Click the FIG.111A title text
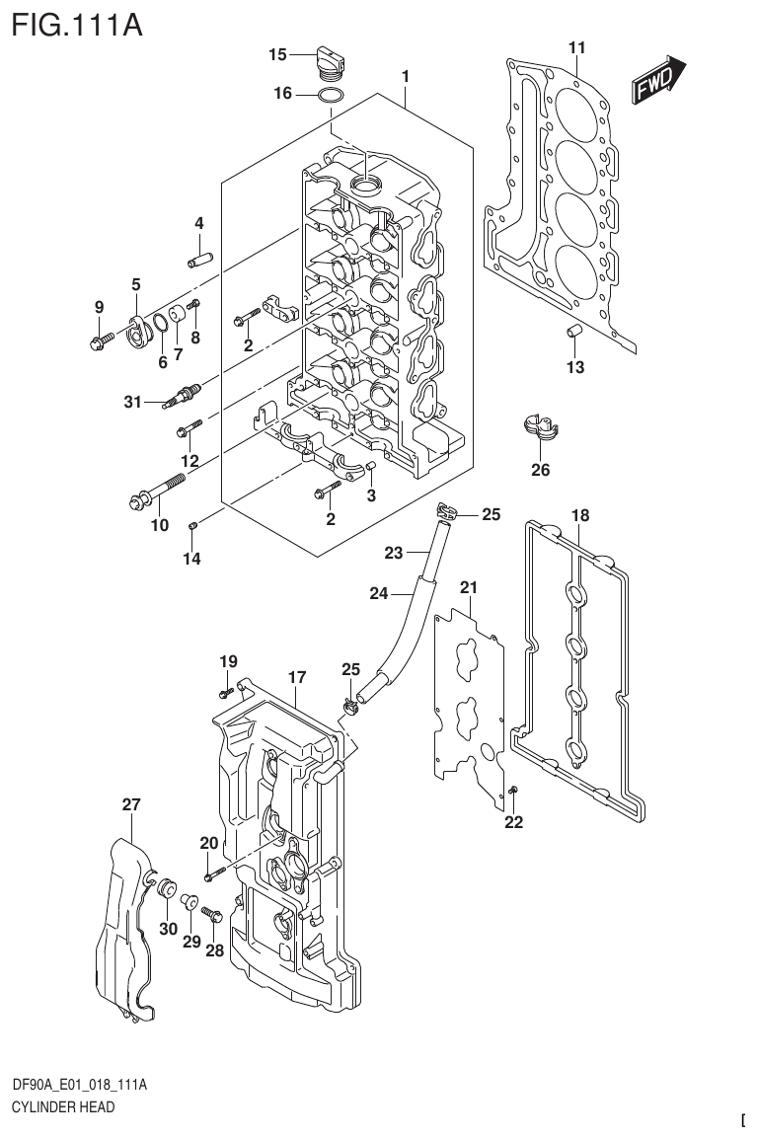point(74,23)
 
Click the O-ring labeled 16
point(331,96)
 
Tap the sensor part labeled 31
point(184,395)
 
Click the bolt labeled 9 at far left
point(99,342)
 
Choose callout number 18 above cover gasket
point(580,515)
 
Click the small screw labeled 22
point(514,791)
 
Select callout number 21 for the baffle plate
point(468,588)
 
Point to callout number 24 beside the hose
point(380,593)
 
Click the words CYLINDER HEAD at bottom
point(62,1107)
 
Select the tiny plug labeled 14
point(193,524)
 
